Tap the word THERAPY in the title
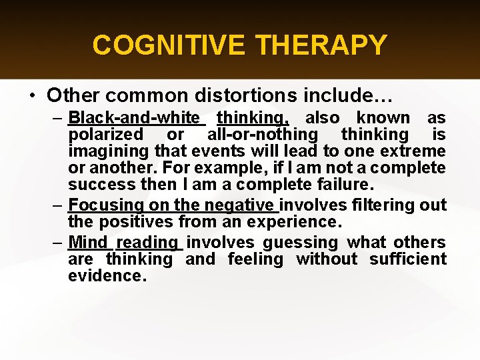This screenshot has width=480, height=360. [x=321, y=45]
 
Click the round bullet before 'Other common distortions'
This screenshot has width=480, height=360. [x=32, y=95]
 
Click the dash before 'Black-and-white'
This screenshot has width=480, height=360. [x=58, y=118]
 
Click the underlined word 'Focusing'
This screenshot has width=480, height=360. [x=103, y=205]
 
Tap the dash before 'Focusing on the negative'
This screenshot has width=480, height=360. [x=58, y=205]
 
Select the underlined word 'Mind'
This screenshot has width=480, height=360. [x=88, y=243]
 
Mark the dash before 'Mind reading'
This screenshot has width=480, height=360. [x=58, y=243]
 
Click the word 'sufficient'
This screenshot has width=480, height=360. [x=408, y=259]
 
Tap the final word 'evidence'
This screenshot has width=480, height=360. [x=107, y=275]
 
